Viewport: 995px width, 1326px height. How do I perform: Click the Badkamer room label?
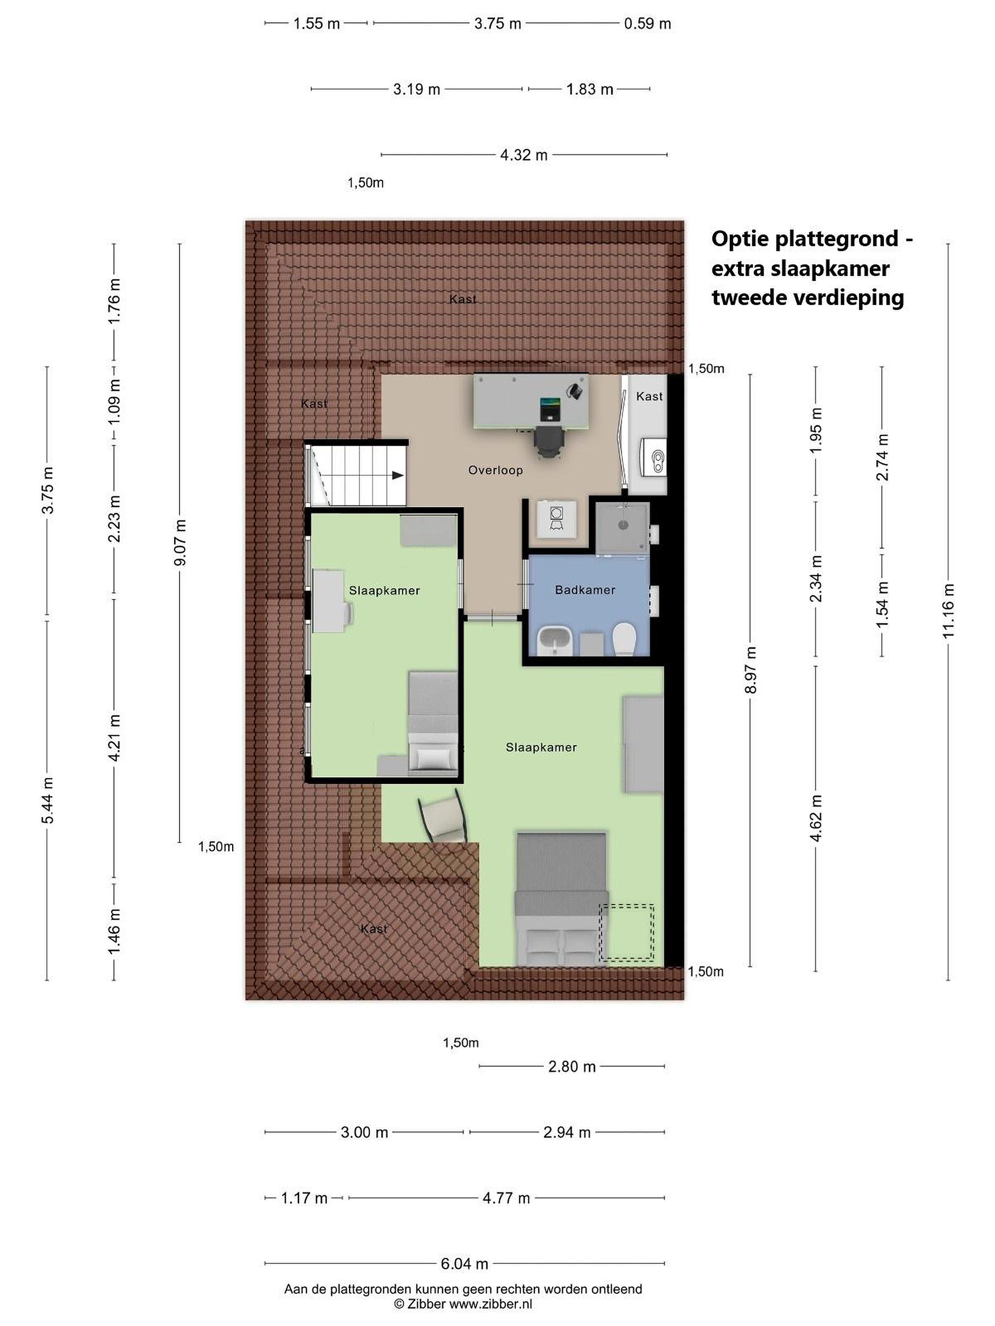(585, 590)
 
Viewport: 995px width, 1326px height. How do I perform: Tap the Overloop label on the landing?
(495, 471)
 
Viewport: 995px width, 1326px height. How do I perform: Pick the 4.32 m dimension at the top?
(524, 155)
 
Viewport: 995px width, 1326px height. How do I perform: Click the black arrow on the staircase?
(397, 475)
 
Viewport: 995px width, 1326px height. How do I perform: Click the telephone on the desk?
(576, 390)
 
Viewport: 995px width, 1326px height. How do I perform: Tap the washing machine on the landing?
(556, 518)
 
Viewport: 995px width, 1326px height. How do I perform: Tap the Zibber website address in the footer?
(491, 1304)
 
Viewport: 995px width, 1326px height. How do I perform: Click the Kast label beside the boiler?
(649, 396)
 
